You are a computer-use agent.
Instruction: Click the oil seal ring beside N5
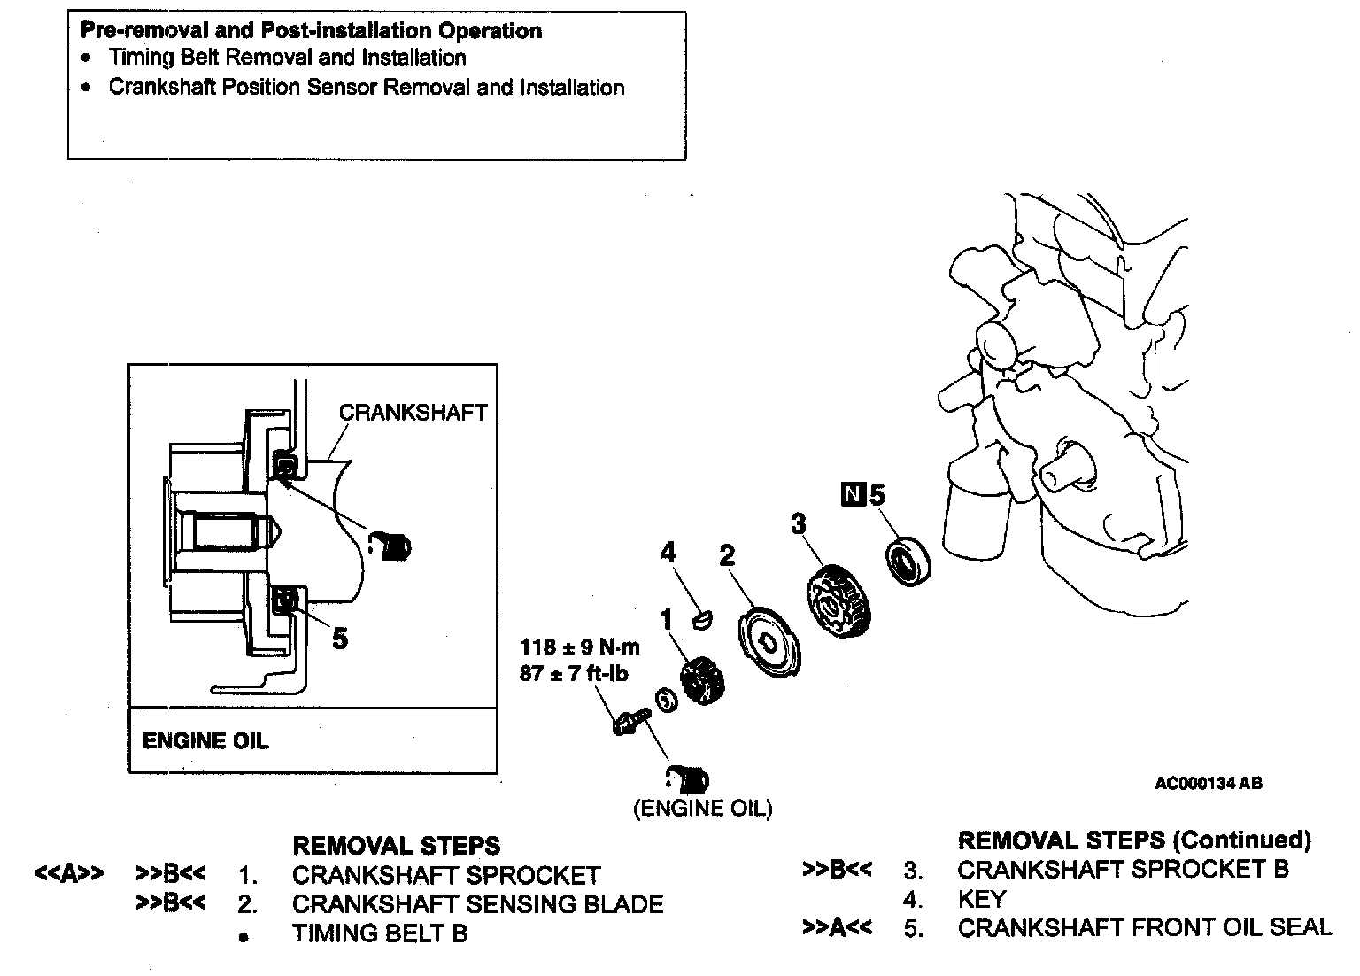[x=907, y=561]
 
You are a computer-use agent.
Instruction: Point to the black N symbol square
[x=853, y=495]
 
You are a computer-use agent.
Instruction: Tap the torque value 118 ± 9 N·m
[x=580, y=647]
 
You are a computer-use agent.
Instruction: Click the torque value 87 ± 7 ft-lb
[x=574, y=674]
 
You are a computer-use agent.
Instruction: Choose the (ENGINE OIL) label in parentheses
[x=703, y=809]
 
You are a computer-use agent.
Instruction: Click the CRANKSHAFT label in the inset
[x=413, y=413]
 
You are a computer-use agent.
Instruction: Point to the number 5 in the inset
[x=340, y=638]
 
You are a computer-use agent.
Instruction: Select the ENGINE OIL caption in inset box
[x=205, y=740]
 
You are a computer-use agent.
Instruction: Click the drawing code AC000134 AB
[x=1208, y=783]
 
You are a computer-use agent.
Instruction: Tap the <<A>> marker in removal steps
[x=68, y=874]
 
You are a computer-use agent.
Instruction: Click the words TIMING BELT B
[x=380, y=933]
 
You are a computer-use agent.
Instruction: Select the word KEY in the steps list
[x=982, y=899]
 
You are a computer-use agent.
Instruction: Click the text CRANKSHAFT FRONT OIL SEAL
[x=1144, y=928]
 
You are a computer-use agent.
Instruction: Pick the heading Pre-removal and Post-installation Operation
[x=311, y=30]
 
